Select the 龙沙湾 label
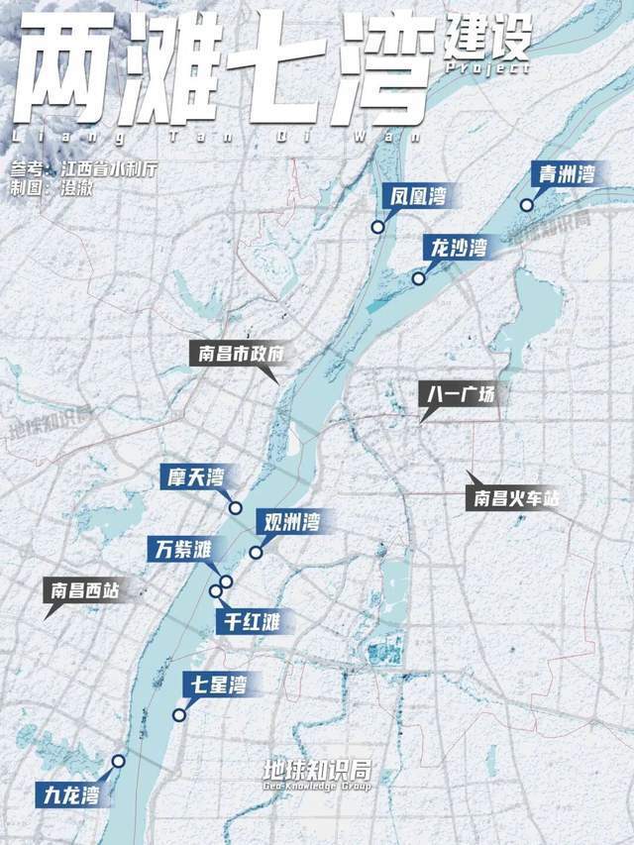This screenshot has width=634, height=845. point(457,248)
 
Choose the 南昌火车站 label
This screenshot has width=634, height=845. point(512,498)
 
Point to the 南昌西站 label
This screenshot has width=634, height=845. point(85,591)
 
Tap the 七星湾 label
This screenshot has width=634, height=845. point(214,685)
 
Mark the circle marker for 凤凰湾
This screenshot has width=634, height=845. point(377,228)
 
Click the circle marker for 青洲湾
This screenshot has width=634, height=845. point(527,206)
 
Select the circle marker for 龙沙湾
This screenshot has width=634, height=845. point(419,279)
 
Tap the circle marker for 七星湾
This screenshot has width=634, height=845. point(179,715)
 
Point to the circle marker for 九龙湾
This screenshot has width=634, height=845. point(119,761)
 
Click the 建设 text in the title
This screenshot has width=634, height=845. point(488,37)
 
